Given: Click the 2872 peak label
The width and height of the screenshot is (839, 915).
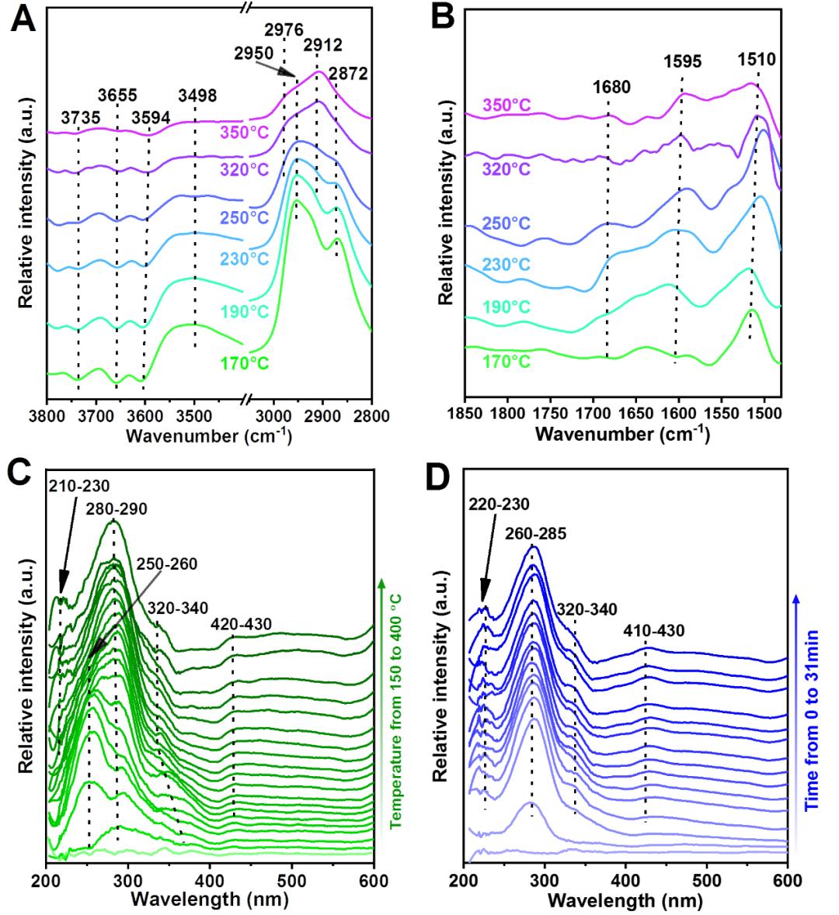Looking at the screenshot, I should (x=347, y=74).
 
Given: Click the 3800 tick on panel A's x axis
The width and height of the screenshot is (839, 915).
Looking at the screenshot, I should (x=47, y=416).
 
